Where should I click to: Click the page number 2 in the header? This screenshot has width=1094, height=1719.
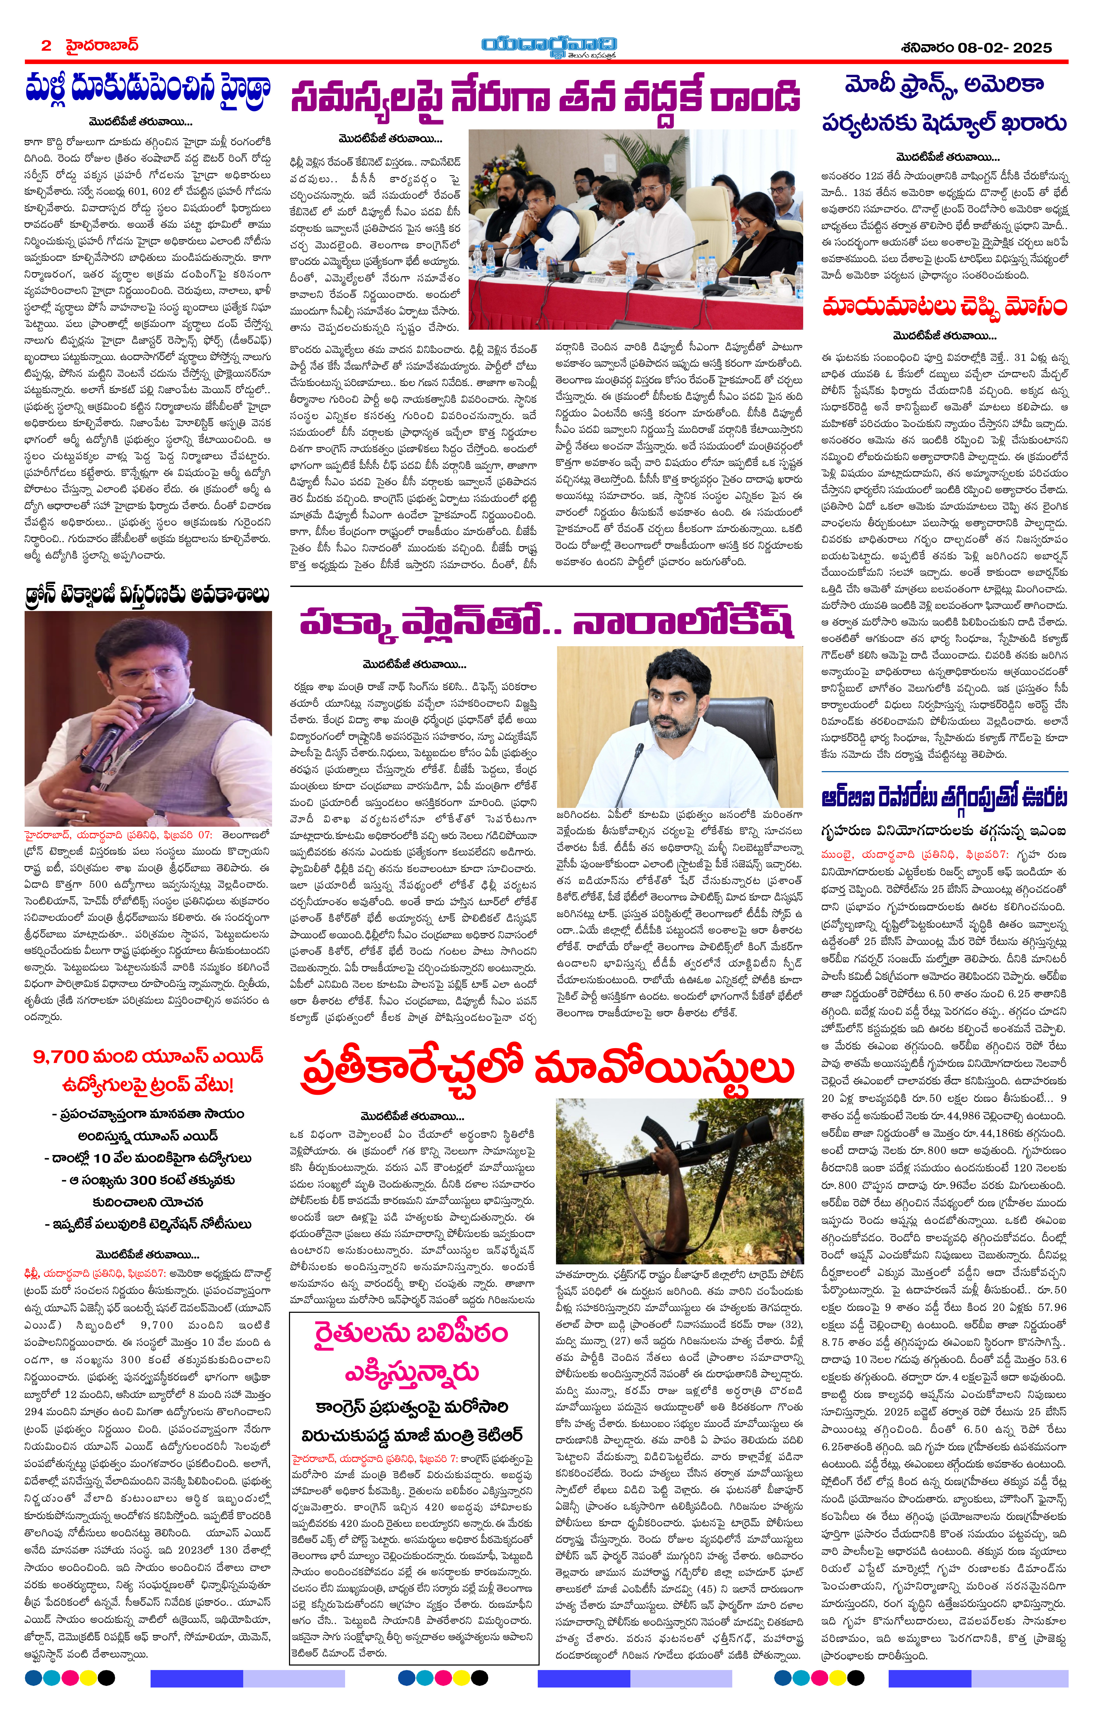coord(46,46)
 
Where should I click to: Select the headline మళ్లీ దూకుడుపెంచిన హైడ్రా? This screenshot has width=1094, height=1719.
coord(148,89)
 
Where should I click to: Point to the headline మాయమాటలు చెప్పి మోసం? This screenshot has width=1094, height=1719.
coord(944,307)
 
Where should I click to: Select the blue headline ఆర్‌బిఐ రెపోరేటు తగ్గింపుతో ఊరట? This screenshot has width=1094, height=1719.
coord(944,797)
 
